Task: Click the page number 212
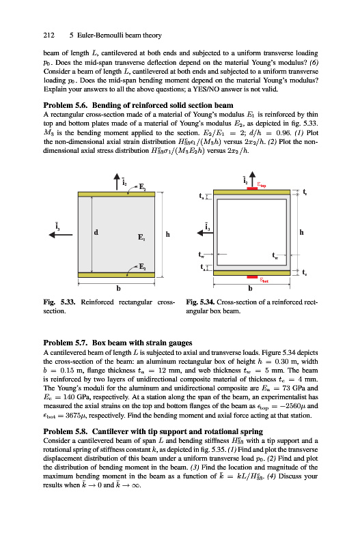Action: (x=49, y=35)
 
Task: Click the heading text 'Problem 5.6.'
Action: (x=66, y=105)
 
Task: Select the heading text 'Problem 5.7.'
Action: (x=66, y=343)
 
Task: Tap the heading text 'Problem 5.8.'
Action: (x=66, y=432)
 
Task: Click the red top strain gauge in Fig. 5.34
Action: (x=252, y=188)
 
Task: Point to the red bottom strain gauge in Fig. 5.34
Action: (x=252, y=277)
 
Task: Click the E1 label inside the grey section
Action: (x=141, y=237)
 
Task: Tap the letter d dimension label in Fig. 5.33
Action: (x=96, y=232)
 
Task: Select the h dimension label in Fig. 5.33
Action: (x=167, y=234)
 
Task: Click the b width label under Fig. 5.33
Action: (x=118, y=288)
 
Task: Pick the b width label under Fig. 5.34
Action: (x=250, y=288)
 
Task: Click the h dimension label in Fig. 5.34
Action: (x=301, y=232)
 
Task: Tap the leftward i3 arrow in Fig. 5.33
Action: (x=61, y=235)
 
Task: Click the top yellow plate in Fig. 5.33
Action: (x=116, y=195)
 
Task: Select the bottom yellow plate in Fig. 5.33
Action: (x=116, y=275)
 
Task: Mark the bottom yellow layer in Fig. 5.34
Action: (x=251, y=272)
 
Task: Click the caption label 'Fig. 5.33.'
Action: (x=59, y=302)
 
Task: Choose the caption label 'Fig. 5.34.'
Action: (x=200, y=302)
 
